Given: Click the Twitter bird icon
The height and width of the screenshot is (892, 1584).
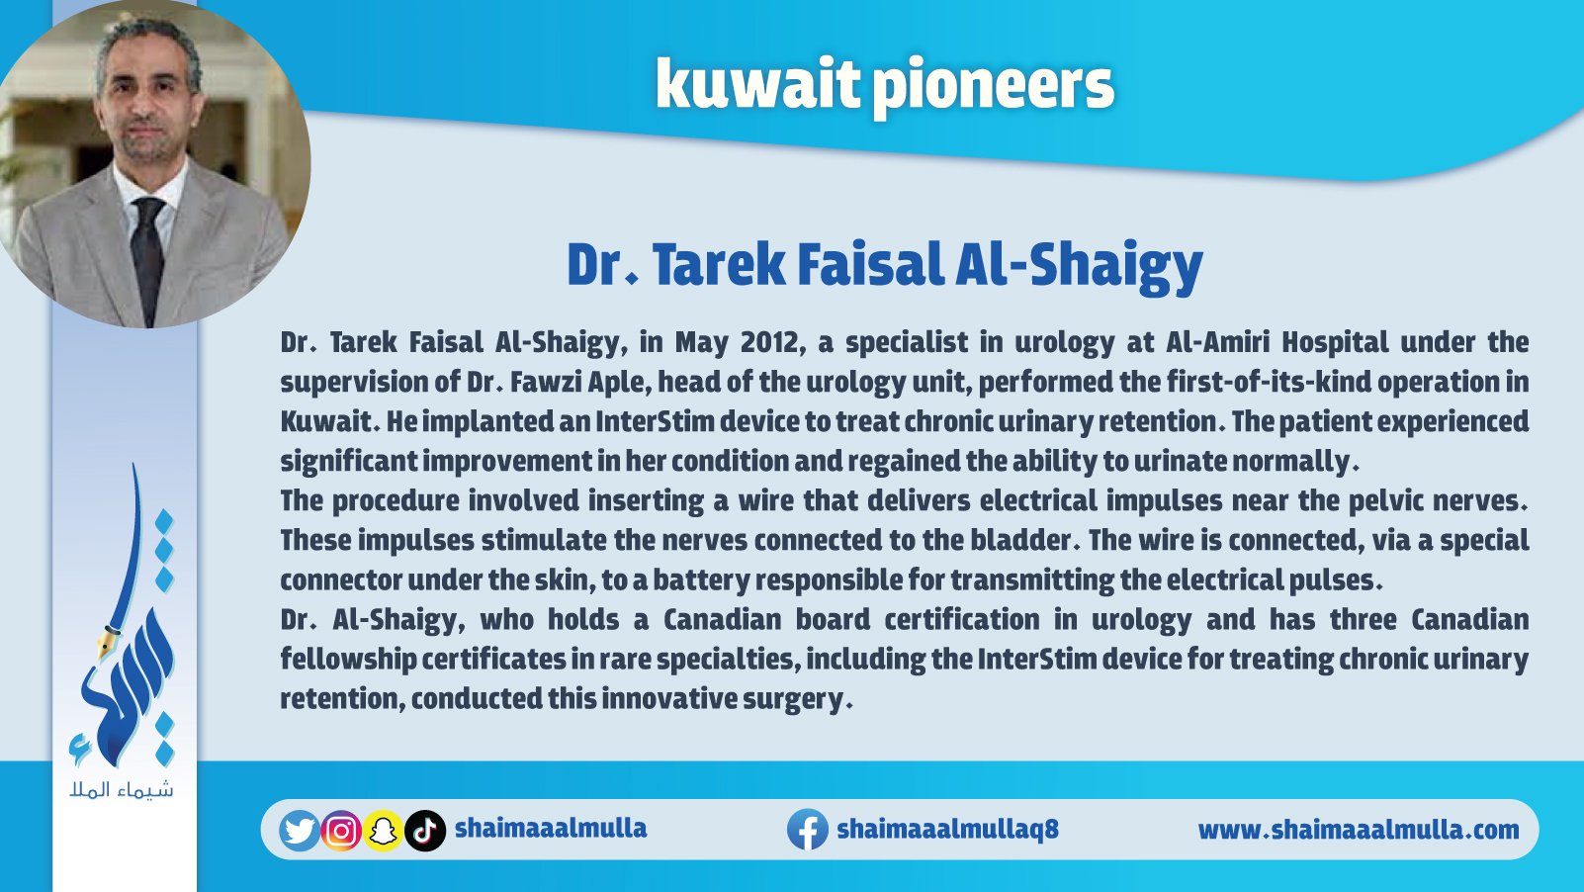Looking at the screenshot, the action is [x=300, y=831].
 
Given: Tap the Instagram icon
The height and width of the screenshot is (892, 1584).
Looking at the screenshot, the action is [x=341, y=831].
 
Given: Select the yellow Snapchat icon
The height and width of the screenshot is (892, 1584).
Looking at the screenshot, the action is [x=383, y=831].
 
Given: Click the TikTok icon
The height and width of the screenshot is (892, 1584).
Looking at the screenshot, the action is [x=425, y=831].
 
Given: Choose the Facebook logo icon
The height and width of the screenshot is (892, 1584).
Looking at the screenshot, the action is [x=808, y=829].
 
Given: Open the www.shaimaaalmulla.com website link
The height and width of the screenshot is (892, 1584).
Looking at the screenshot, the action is [x=1359, y=829].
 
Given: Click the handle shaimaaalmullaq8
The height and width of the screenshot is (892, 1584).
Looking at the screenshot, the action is [x=947, y=829].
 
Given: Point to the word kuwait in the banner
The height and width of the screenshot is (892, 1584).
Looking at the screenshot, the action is [x=758, y=85].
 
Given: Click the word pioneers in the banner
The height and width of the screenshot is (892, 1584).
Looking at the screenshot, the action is [x=994, y=88].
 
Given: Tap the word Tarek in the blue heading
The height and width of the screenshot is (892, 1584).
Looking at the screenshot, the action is [x=719, y=265].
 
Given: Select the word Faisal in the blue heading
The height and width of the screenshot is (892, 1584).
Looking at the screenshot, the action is [x=871, y=265].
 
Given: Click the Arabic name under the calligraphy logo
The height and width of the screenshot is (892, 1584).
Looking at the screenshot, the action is [x=121, y=789].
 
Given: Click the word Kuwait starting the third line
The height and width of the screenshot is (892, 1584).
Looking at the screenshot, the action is [x=326, y=421].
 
